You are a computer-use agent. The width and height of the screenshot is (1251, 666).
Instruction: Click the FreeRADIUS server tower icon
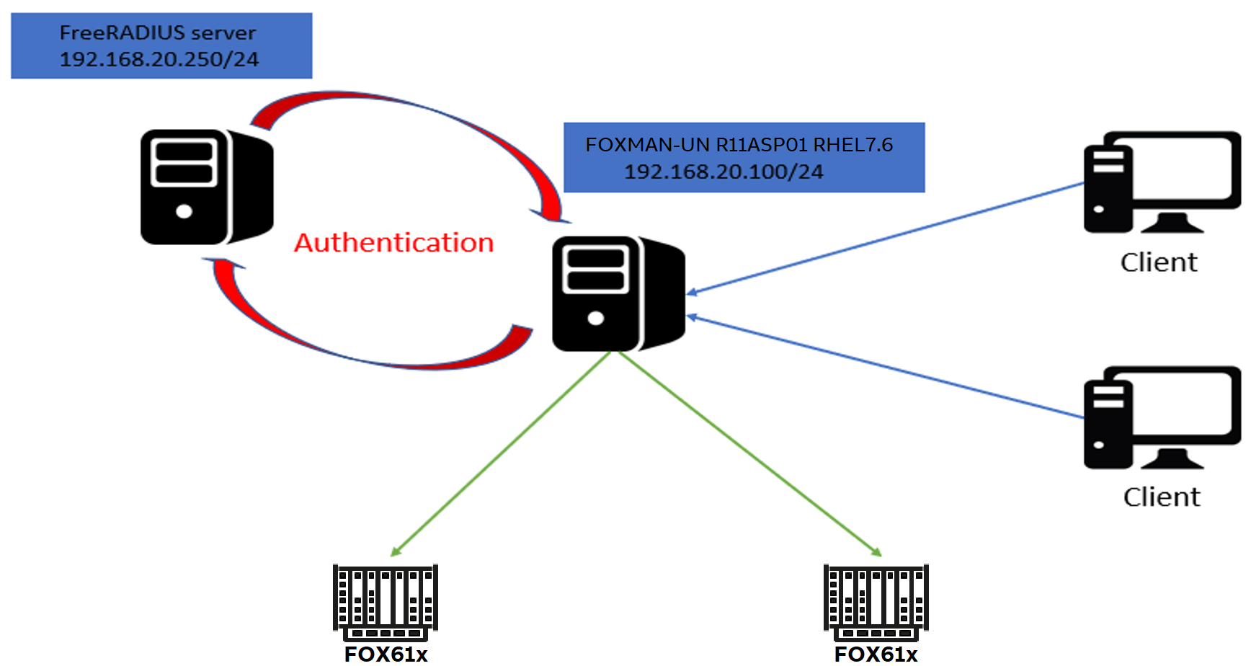(206, 187)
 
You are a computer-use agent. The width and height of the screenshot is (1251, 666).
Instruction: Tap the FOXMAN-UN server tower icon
(618, 293)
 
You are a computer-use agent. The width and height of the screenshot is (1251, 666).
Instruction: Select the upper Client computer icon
(1161, 182)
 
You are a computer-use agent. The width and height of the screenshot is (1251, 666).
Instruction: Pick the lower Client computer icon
(1161, 417)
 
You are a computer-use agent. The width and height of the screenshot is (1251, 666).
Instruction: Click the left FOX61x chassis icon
(386, 602)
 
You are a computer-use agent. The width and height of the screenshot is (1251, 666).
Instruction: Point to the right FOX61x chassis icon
(876, 602)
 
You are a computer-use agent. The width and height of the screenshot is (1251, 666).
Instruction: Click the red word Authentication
(393, 243)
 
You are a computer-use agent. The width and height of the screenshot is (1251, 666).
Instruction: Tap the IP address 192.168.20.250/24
(159, 59)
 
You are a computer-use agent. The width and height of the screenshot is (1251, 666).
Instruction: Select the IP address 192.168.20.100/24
(723, 172)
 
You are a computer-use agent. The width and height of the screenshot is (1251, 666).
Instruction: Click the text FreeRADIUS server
(157, 32)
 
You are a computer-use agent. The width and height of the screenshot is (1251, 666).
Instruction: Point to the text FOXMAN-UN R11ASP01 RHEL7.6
(739, 145)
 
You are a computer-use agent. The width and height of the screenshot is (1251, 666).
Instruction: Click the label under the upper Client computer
(1159, 262)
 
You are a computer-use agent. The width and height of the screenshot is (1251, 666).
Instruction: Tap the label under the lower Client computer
(1162, 497)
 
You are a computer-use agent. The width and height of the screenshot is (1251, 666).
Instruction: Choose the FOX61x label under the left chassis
(386, 654)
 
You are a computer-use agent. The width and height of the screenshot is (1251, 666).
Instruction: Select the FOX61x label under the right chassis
(876, 654)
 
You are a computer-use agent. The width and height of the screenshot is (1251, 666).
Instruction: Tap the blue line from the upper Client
(886, 238)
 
